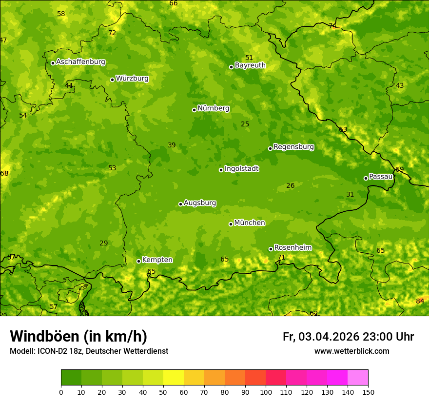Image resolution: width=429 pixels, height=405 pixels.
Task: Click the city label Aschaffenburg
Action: [80, 62]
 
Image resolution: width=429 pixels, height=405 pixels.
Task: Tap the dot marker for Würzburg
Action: [112, 80]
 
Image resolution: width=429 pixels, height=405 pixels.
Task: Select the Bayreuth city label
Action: [250, 65]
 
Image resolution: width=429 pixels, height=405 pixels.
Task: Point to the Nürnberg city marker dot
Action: [194, 110]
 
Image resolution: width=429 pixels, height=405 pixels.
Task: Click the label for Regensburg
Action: [293, 147]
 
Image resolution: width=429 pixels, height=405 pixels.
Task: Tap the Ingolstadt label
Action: [241, 169]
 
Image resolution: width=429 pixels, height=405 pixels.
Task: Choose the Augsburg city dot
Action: [180, 204]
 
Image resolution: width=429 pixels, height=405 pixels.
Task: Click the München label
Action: [250, 223]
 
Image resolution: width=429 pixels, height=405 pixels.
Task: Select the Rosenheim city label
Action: [292, 248]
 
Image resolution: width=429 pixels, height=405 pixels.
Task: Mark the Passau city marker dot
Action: [366, 178]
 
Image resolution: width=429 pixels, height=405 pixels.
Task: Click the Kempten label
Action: [157, 260]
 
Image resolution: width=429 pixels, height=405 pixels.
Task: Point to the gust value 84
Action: [420, 301]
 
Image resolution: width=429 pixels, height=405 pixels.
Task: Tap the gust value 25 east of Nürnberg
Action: [245, 124]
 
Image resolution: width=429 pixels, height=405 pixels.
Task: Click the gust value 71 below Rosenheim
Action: [281, 257]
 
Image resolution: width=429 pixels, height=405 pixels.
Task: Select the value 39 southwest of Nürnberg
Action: [172, 145]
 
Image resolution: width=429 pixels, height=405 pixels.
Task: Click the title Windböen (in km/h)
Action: [78, 336]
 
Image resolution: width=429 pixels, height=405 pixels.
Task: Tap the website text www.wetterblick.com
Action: [351, 351]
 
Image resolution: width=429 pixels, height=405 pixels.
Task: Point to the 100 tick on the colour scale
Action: [266, 392]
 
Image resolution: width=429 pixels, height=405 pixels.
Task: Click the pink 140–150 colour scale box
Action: [358, 378]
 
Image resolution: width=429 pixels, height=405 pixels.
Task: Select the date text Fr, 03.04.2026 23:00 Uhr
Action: [348, 337]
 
